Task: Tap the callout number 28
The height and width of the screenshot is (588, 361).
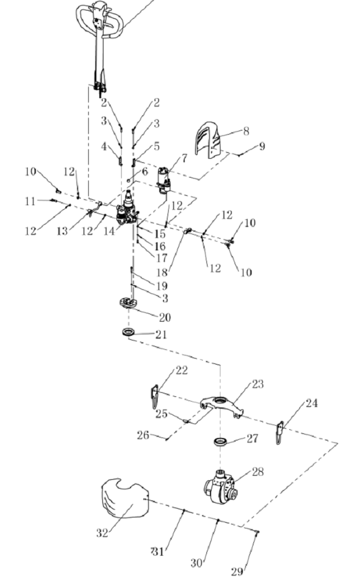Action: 257,472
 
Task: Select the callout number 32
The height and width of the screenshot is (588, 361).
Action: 102,534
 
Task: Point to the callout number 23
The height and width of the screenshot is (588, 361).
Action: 257,385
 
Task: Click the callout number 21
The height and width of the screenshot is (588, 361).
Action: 161,335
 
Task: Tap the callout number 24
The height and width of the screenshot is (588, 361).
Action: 313,403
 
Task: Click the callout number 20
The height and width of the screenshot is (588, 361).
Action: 165,317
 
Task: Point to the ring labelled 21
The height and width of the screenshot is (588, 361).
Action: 128,333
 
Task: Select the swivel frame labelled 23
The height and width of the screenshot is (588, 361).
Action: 222,405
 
